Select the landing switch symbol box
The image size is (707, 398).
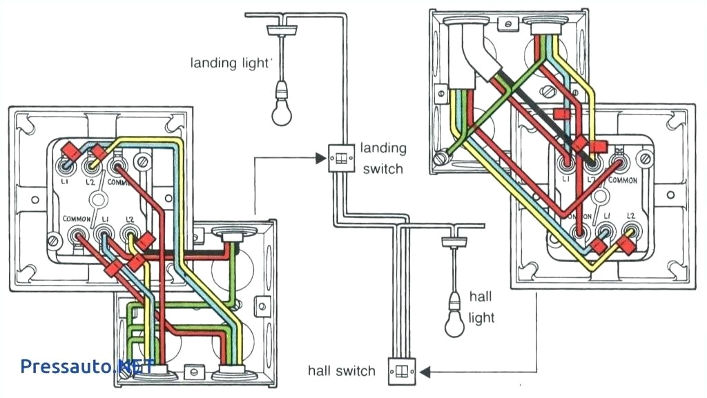click(x=339, y=158)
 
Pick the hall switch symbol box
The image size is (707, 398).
click(x=400, y=372)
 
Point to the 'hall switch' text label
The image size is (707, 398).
click(x=342, y=371)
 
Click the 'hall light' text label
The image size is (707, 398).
click(x=481, y=307)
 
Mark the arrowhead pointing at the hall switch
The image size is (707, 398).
click(x=424, y=372)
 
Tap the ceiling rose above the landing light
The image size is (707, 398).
click(x=282, y=30)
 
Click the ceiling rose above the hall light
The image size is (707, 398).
click(x=454, y=242)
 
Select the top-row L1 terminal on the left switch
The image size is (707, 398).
click(x=66, y=166)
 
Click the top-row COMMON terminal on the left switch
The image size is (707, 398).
click(x=115, y=166)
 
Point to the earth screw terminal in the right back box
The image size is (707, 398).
click(x=440, y=159)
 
